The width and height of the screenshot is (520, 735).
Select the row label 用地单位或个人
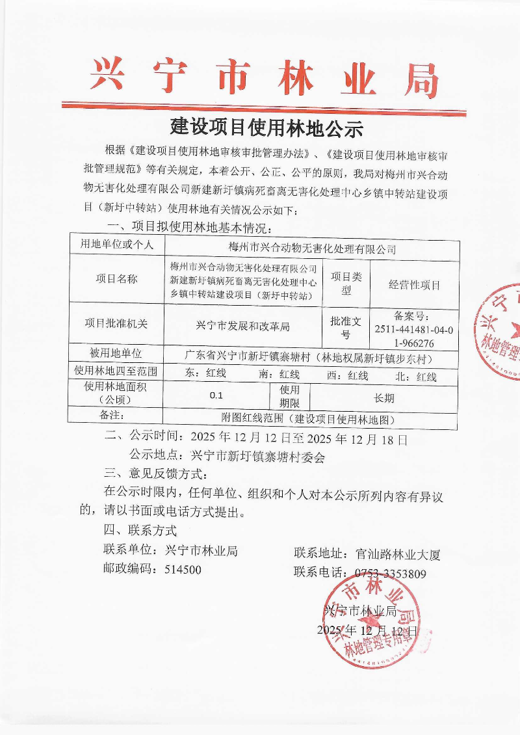[116, 245]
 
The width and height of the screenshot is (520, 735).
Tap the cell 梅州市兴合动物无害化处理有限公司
[313, 248]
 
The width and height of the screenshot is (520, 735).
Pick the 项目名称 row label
[116, 280]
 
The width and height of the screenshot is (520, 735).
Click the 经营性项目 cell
[414, 285]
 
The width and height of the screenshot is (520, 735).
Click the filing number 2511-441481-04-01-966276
[413, 328]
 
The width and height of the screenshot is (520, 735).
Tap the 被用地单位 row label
[116, 354]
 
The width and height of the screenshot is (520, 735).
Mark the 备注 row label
[116, 415]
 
